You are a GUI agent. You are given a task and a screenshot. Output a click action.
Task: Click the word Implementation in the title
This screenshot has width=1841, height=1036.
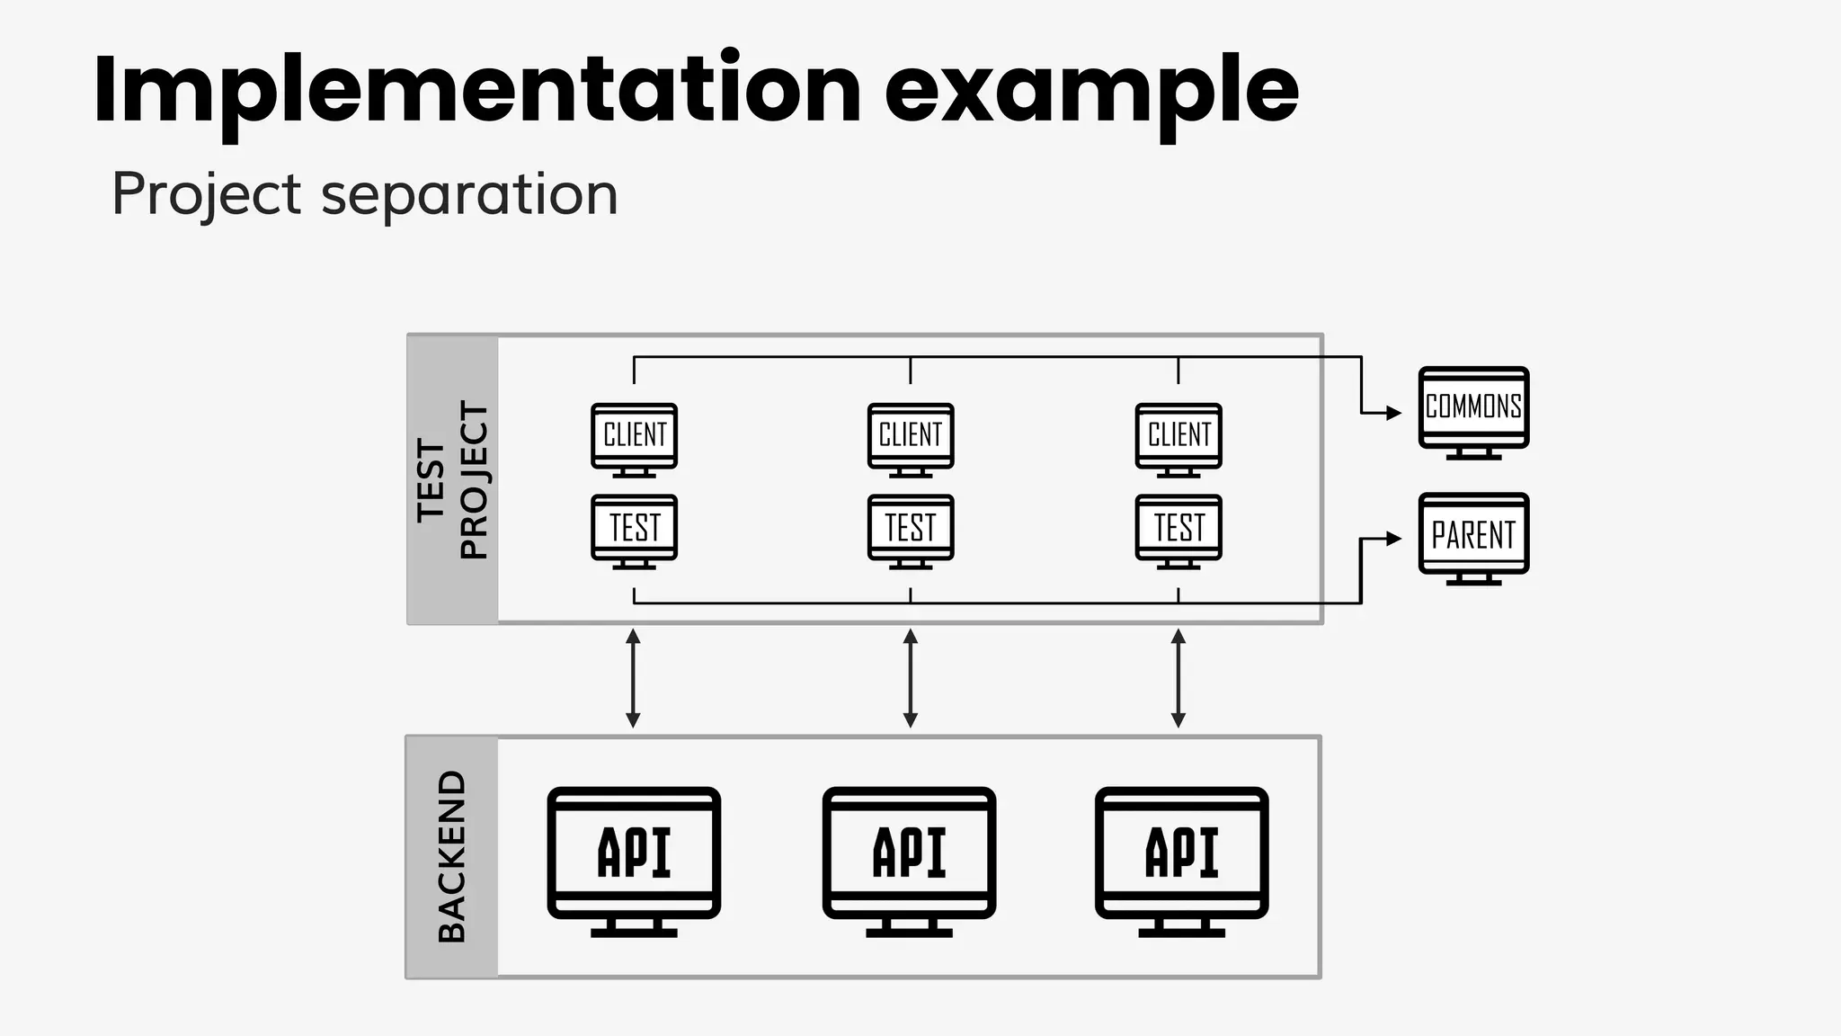[476, 90]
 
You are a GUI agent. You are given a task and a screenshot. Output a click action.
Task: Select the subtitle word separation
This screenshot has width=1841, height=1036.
[469, 193]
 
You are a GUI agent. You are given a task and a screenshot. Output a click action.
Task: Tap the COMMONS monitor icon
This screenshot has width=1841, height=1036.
[1473, 411]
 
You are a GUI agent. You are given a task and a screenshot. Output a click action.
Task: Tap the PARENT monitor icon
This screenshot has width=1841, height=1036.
[1473, 537]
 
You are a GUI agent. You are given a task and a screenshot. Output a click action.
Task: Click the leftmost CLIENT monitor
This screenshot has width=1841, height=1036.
[634, 438]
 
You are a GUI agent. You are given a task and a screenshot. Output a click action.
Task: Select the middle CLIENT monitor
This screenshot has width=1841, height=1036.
[910, 438]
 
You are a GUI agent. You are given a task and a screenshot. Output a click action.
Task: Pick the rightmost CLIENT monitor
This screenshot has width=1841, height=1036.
[1178, 438]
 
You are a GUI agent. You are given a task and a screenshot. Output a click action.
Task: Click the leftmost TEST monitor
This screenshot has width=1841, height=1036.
[634, 530]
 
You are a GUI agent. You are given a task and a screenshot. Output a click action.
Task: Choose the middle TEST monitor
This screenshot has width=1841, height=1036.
[910, 530]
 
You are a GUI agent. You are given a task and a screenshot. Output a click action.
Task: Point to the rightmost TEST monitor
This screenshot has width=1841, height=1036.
[1178, 530]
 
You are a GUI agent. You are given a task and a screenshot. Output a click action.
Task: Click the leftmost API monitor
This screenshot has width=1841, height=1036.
[634, 859]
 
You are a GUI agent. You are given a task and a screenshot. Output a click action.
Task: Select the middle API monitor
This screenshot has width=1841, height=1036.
[909, 859]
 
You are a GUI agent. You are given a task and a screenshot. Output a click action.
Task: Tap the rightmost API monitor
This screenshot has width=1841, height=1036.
[1181, 859]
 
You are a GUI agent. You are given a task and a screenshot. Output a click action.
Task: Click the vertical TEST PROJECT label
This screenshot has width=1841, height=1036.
[452, 480]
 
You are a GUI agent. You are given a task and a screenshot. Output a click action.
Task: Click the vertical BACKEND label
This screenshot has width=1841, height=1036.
[451, 856]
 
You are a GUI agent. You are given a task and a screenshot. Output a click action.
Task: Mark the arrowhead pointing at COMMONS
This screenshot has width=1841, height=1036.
[1394, 413]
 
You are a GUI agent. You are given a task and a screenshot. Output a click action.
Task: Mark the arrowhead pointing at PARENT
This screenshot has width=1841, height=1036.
[1394, 539]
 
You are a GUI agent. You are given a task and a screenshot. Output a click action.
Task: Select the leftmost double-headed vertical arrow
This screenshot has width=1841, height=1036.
[633, 678]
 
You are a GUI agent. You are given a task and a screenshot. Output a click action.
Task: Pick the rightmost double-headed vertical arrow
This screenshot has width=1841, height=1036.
[1178, 678]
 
